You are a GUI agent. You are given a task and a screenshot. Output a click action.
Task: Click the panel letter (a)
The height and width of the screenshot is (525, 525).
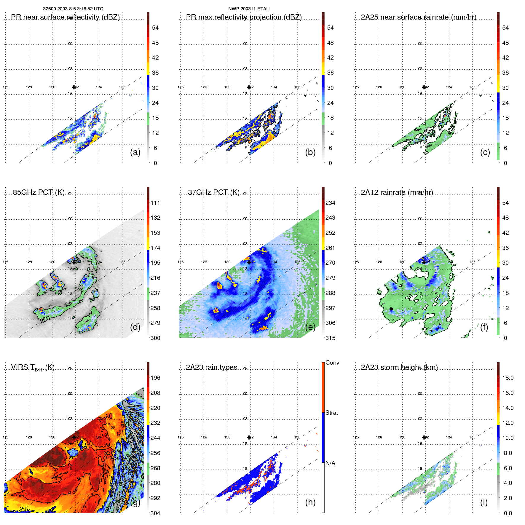135,152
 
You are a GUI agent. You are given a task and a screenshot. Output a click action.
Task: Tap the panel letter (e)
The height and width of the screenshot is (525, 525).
310,327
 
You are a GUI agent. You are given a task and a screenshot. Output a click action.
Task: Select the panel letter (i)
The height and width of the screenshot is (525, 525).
484,502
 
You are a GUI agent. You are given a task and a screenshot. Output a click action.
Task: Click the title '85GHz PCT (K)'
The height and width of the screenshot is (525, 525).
39,192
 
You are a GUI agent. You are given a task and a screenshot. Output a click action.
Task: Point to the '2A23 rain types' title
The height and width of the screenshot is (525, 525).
212,367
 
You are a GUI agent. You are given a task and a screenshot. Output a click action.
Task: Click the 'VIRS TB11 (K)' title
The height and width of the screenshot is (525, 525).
33,368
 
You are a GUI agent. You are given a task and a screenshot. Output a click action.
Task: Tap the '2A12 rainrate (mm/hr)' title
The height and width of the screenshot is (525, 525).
397,192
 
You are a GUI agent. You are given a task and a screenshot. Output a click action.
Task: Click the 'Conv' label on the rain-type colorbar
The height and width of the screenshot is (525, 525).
332,363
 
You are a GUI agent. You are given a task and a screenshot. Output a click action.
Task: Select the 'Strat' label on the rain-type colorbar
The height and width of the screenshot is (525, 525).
332,413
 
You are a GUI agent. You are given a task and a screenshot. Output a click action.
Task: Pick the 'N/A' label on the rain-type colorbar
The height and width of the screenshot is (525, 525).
331,463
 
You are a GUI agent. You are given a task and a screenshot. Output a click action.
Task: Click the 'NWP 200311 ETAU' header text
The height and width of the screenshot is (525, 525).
249,9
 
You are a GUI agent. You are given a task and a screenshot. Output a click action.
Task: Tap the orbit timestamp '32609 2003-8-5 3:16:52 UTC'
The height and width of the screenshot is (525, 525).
73,9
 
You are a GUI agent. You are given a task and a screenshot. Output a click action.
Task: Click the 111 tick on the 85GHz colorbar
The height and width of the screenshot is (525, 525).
155,203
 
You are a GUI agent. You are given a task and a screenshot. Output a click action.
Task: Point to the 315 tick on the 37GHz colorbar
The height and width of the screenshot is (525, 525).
330,338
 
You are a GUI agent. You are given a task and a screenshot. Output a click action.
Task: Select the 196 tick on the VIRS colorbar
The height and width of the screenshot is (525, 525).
155,378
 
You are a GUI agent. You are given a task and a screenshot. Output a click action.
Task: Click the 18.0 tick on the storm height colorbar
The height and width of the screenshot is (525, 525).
508,378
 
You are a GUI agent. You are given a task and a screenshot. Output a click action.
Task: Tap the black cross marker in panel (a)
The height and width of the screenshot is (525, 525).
74,87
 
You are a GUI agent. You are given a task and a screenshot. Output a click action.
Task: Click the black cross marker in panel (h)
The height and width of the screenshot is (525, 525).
249,437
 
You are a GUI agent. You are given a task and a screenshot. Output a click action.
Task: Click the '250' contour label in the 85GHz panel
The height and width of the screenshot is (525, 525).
45,319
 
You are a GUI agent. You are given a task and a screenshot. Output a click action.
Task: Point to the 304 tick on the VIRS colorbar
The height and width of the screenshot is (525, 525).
155,513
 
